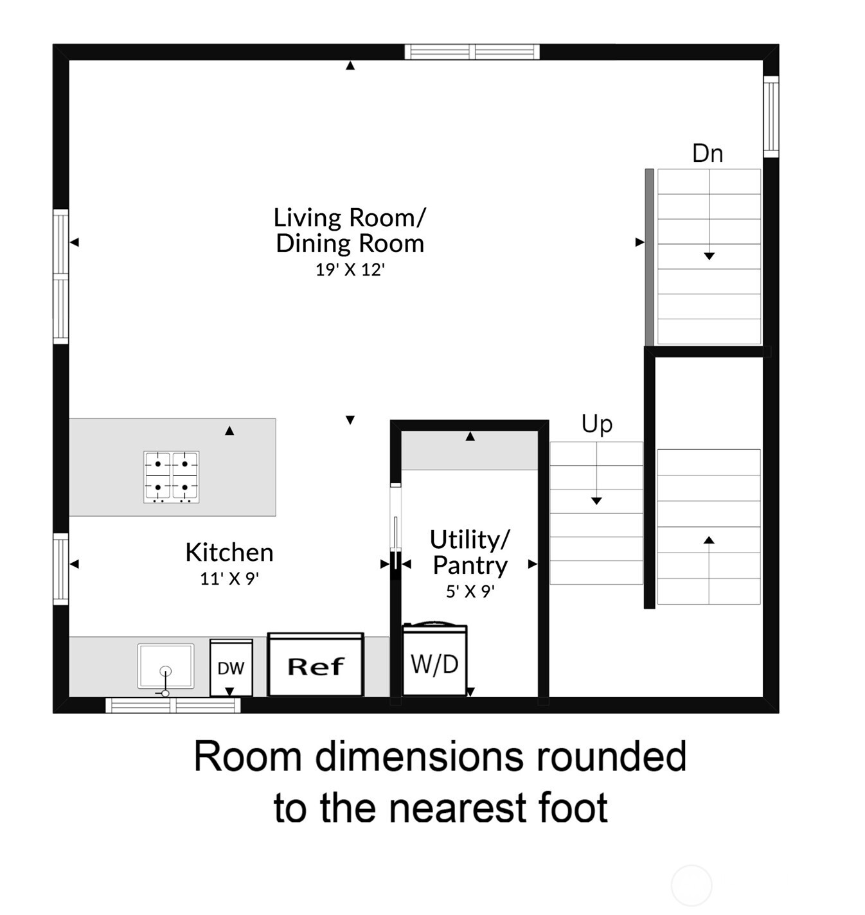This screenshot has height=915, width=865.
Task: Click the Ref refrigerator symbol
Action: [316, 665]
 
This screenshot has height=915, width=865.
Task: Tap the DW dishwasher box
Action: [231, 668]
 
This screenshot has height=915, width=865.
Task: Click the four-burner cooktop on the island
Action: [171, 477]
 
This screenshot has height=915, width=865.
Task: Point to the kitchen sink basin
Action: [165, 666]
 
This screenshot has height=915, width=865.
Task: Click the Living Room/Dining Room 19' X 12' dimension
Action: [350, 270]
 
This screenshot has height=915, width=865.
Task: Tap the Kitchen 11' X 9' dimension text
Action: [229, 579]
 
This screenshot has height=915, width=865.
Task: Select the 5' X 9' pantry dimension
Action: [470, 592]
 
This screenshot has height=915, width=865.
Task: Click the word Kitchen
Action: [229, 553]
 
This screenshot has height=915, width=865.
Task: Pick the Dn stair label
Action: [707, 154]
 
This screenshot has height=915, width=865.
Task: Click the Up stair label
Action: [596, 424]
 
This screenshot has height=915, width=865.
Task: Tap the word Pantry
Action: [470, 565]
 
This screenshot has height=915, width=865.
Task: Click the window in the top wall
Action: [472, 51]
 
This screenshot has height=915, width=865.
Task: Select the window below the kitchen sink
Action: [173, 706]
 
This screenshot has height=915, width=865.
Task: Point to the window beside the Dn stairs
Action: [771, 116]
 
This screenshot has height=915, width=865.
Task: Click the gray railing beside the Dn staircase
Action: [649, 257]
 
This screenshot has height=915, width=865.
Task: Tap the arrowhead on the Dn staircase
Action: [709, 256]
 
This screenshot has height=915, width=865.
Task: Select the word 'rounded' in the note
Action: [611, 757]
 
